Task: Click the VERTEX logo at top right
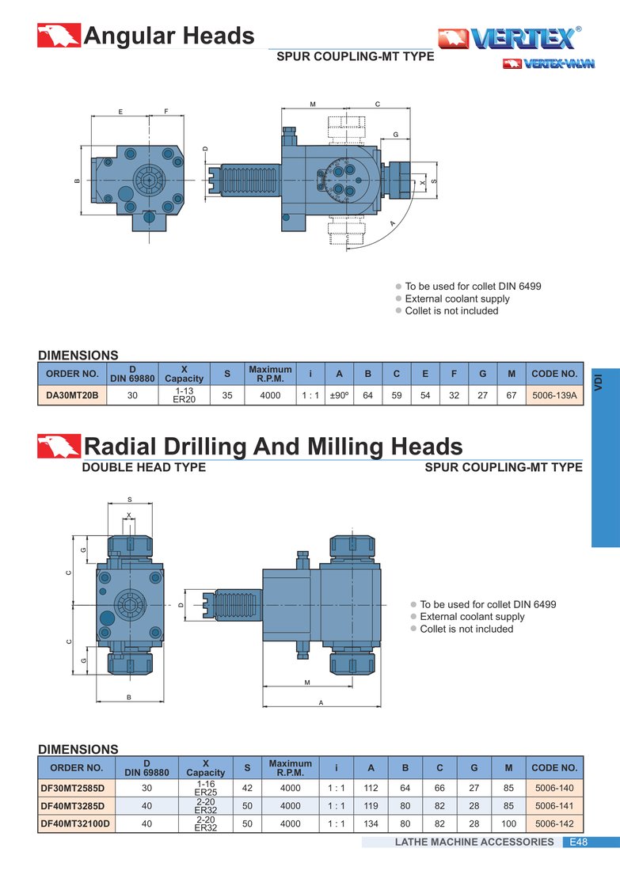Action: tap(509, 38)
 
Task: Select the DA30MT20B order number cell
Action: tap(72, 395)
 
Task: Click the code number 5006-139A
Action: tap(554, 395)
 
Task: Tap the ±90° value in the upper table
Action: tap(339, 395)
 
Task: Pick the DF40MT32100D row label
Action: tap(75, 823)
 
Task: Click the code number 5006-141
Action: tap(554, 806)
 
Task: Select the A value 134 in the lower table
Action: tap(371, 823)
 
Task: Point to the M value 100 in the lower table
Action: tap(508, 823)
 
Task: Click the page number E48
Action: tap(578, 842)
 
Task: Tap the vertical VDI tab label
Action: tap(599, 382)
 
